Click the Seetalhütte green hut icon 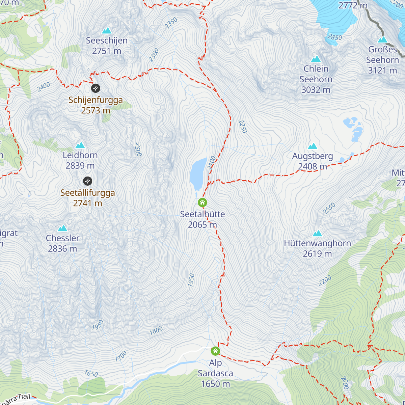click(202, 202)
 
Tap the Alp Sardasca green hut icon click(215, 351)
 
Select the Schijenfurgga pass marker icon click(96, 88)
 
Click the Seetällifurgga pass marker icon click(87, 181)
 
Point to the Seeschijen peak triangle click(107, 31)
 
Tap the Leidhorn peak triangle click(80, 145)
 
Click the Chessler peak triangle click(62, 228)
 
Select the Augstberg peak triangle click(313, 146)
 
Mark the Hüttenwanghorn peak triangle click(317, 234)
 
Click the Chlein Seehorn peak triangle click(316, 59)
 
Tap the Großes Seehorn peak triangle click(382, 40)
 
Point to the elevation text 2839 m click(80, 166)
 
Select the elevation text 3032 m click(316, 90)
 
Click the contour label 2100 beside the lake click(212, 163)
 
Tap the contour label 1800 click(156, 330)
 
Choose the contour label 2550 click(329, 208)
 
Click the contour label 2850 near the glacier click(334, 37)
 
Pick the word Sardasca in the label click(215, 373)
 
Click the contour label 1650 click(91, 374)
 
